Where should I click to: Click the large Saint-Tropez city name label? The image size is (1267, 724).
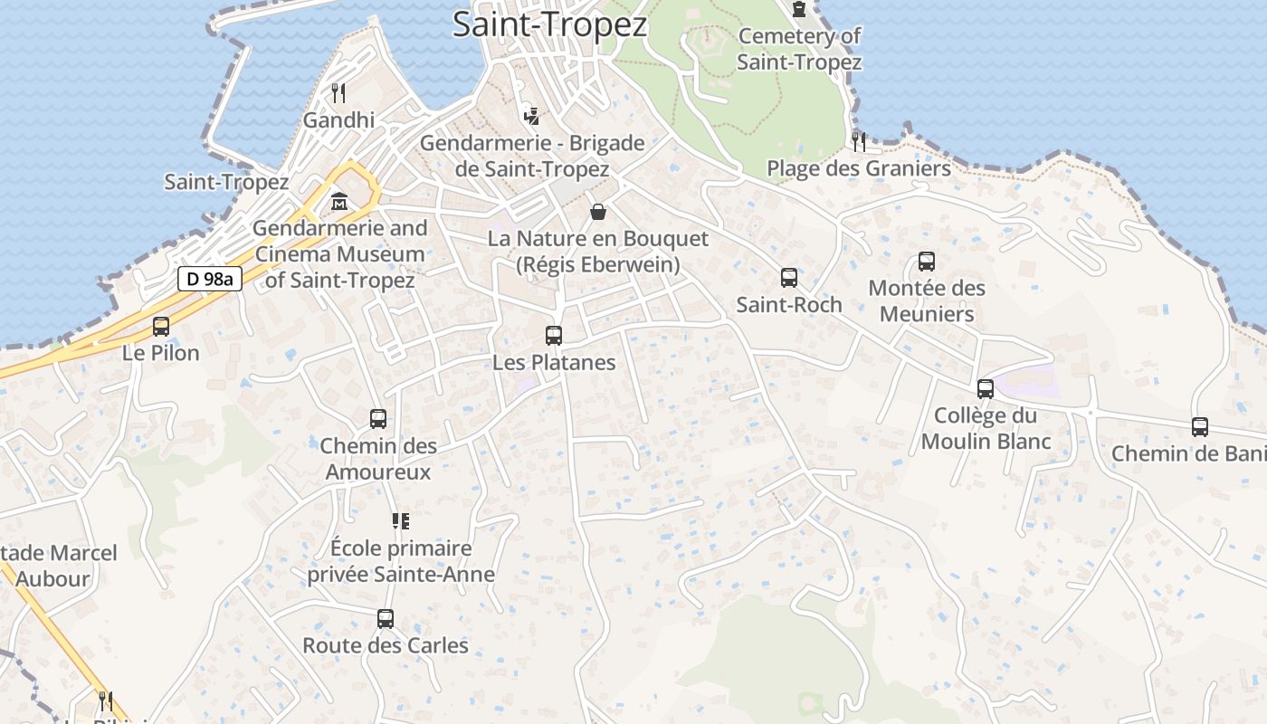[x=549, y=24]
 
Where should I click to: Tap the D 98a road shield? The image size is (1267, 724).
[x=209, y=279]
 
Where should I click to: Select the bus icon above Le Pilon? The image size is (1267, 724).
[x=161, y=327]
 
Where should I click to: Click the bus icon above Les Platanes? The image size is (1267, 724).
[x=554, y=336]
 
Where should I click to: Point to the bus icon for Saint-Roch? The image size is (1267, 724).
[x=789, y=278]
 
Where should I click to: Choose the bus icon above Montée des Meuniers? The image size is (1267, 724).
[x=927, y=262]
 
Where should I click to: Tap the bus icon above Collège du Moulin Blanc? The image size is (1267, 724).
[x=986, y=389]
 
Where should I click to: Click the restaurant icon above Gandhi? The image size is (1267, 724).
[x=338, y=92]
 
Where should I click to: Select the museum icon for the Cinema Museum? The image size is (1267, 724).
[x=339, y=200]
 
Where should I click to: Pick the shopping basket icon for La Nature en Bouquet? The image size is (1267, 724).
[x=598, y=212]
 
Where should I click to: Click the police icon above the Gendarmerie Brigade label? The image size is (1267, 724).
[x=532, y=116]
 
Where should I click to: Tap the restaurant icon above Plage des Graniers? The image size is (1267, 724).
[x=859, y=141]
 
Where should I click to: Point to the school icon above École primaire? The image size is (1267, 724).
[x=401, y=520]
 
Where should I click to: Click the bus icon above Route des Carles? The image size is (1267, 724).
[x=386, y=619]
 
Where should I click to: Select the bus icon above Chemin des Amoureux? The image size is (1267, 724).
[x=378, y=419]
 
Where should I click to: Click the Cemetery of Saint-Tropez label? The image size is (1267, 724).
[x=799, y=49]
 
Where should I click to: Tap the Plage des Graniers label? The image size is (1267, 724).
[x=859, y=168]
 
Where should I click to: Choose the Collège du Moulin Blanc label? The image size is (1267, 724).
[x=986, y=428]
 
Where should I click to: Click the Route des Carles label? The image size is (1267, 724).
[x=386, y=645]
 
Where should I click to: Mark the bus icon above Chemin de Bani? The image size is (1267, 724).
[x=1200, y=427]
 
